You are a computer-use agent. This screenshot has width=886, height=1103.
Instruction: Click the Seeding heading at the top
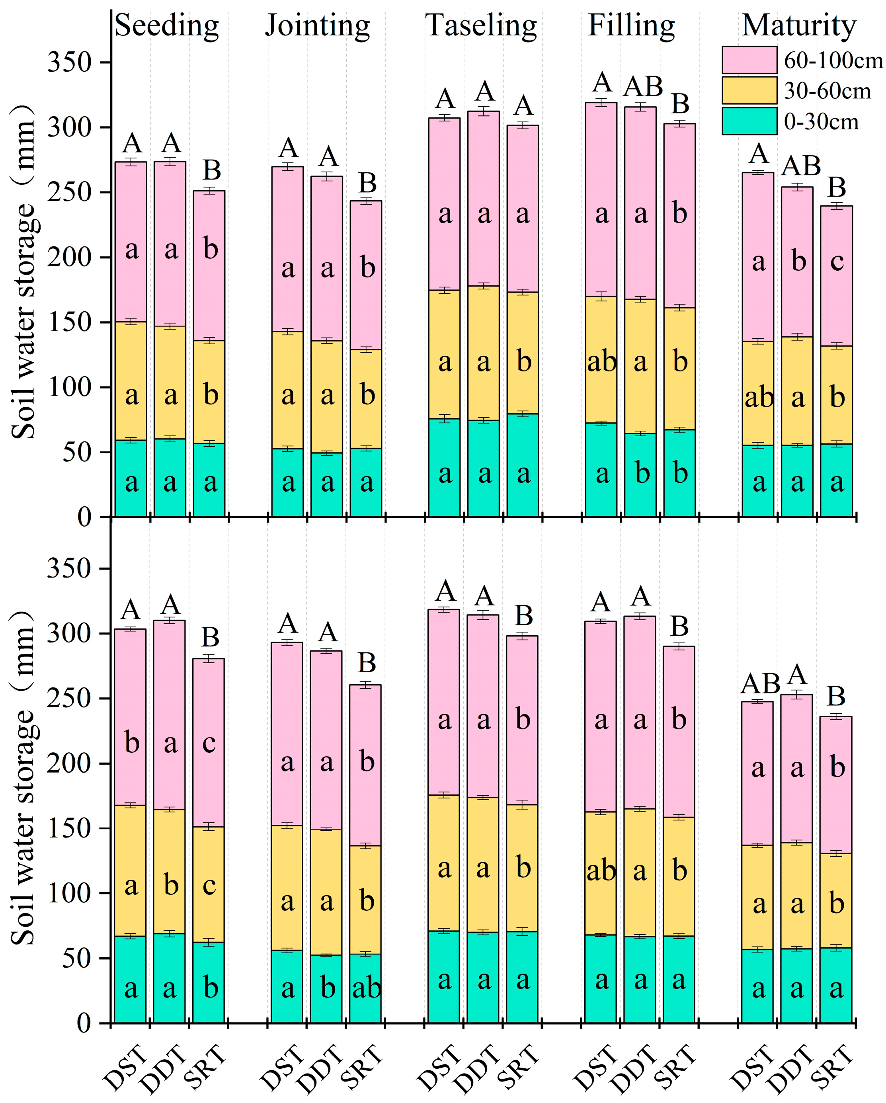click(167, 25)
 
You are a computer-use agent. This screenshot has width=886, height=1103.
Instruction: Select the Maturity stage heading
click(798, 25)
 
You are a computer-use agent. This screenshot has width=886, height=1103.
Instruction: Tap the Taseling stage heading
click(481, 25)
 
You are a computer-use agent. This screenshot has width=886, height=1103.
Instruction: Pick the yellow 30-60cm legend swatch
click(749, 90)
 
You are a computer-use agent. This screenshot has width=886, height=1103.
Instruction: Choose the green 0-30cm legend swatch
click(749, 121)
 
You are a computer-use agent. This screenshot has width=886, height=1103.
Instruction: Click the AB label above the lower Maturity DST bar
click(760, 683)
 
